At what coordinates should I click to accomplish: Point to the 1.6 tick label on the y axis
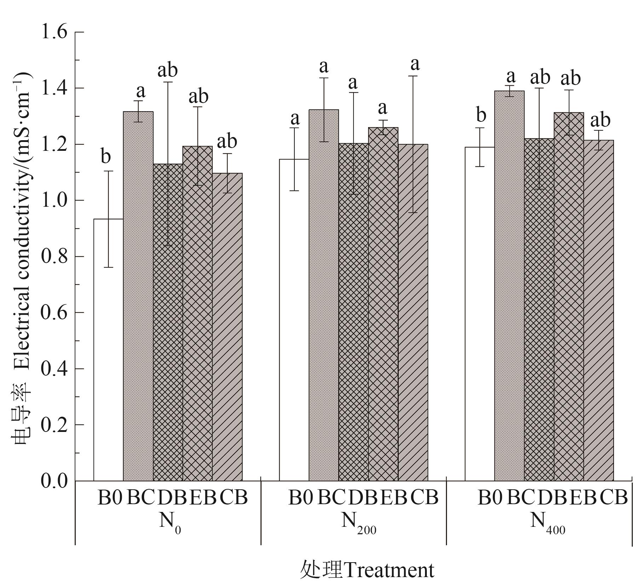(54, 32)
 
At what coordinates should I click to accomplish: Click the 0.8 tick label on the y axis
(54, 256)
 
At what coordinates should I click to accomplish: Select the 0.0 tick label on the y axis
(54, 481)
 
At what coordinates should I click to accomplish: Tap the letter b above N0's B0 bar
(105, 156)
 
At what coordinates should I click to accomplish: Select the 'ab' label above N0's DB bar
(167, 70)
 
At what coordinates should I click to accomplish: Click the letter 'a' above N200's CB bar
(415, 64)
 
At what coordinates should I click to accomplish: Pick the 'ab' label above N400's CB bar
(600, 120)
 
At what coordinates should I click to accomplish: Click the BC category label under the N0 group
(140, 497)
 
